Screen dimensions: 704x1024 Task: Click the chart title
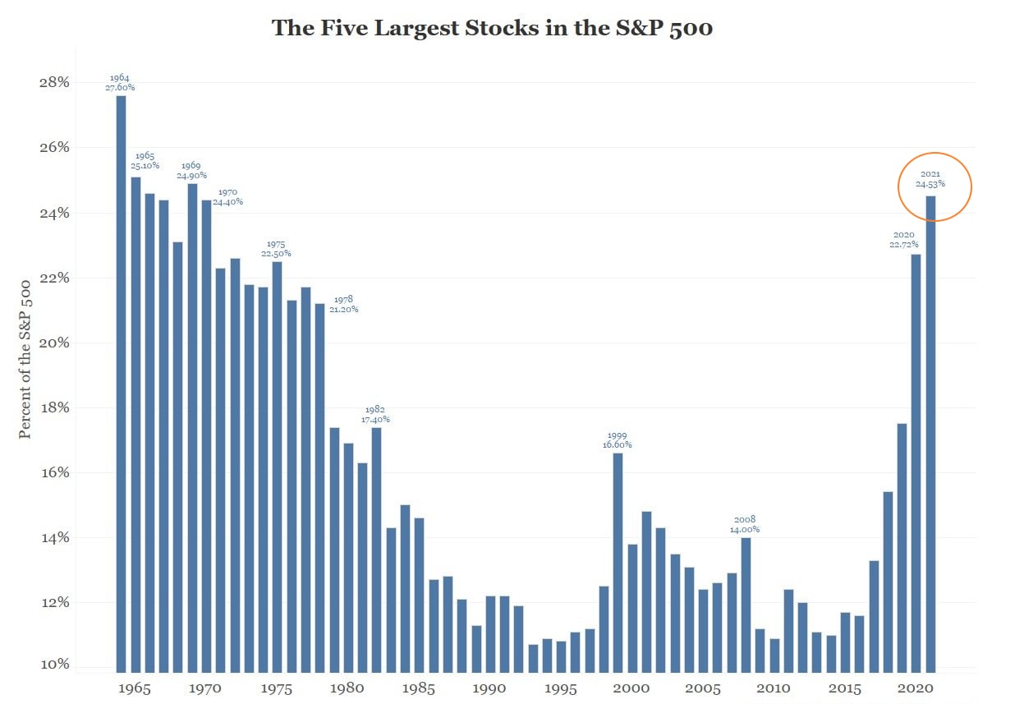tap(492, 29)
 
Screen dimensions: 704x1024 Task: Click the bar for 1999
tap(618, 563)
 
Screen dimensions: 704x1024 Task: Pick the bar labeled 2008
tap(746, 605)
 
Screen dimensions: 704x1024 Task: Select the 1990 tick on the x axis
tap(489, 688)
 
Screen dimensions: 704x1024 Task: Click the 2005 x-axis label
tap(703, 688)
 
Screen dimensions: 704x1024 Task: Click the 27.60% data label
tap(121, 87)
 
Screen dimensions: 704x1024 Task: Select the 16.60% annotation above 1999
tap(618, 444)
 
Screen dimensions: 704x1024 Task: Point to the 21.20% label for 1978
tap(343, 309)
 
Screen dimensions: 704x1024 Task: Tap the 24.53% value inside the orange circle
tap(930, 184)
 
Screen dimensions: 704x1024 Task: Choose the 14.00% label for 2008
tap(745, 529)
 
